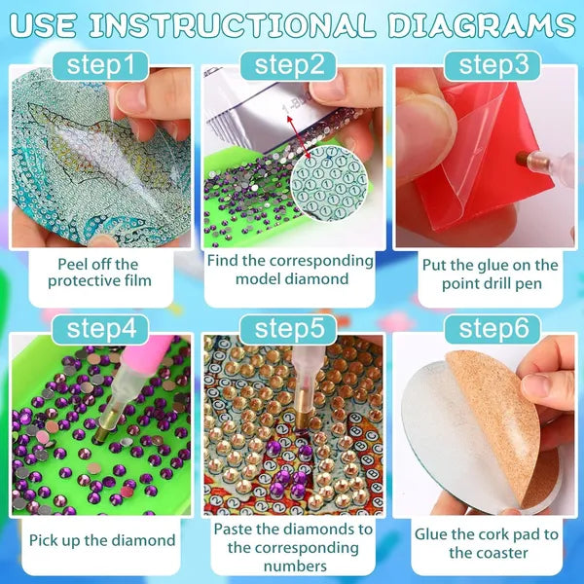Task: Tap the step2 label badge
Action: [x=294, y=66]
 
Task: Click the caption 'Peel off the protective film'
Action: [x=98, y=274]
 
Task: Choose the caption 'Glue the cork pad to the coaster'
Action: [x=487, y=543]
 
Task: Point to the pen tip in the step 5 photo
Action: [x=300, y=425]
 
